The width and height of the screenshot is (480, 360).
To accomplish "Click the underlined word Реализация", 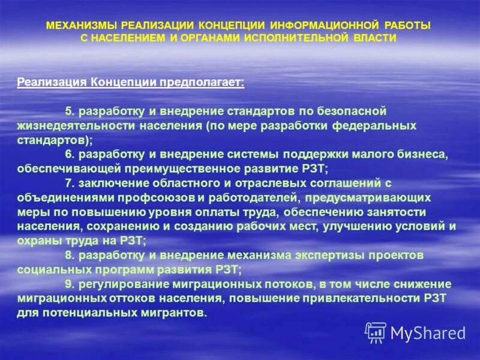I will click(x=52, y=82).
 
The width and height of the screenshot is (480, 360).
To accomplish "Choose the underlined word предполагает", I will click(x=201, y=82).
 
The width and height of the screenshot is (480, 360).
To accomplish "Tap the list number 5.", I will click(x=68, y=112).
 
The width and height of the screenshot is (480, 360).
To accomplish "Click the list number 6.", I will click(x=68, y=155).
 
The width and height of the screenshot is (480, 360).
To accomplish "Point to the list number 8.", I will click(x=68, y=255).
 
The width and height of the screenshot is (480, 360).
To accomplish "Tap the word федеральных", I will click(x=377, y=126).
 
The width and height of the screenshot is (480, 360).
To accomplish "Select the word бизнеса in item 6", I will click(x=422, y=155).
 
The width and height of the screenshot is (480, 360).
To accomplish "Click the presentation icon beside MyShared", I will click(x=376, y=332).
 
